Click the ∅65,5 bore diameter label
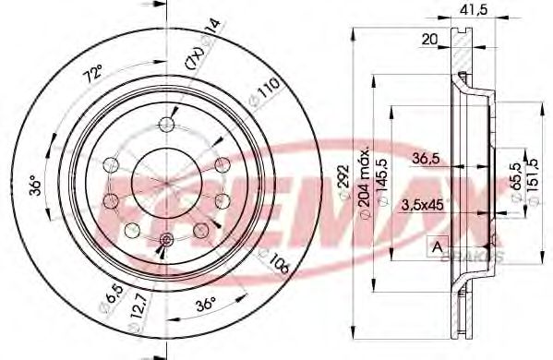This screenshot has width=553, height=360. tap(514, 181)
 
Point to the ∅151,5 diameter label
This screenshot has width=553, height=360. tap(533, 181)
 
